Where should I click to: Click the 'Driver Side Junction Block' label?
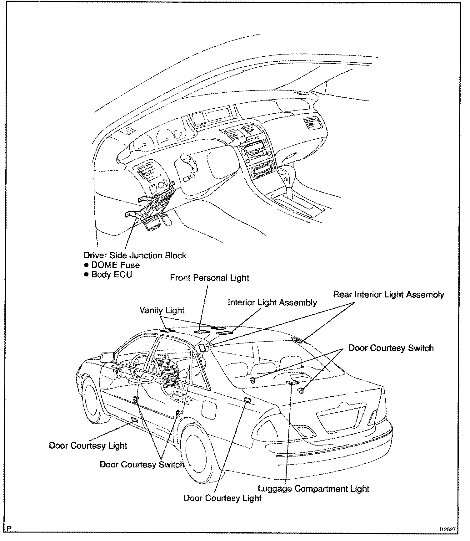tap(135, 255)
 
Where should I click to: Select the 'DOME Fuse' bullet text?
tap(115, 265)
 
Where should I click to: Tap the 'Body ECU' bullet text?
tap(112, 275)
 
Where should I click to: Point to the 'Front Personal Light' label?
tap(210, 278)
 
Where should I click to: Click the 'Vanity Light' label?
tap(162, 310)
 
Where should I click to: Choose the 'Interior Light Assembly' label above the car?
tap(272, 302)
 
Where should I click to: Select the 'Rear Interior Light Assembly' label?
tap(388, 295)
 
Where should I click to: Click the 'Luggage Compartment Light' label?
tap(313, 489)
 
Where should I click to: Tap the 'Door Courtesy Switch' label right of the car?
tap(391, 348)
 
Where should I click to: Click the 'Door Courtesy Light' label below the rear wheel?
tap(222, 498)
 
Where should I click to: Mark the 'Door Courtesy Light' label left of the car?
tap(88, 446)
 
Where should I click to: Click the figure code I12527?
tap(447, 529)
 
